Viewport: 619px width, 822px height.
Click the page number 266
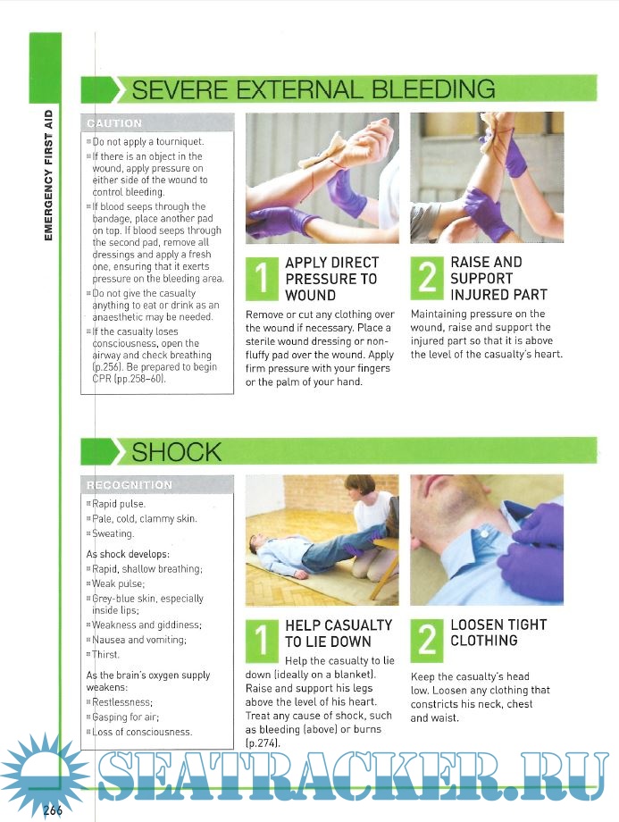tap(53, 809)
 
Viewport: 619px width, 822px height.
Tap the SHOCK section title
tap(177, 452)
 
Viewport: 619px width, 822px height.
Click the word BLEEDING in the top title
tap(433, 89)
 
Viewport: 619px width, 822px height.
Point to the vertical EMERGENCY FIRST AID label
tap(49, 175)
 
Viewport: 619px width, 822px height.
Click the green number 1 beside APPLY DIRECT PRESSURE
tap(262, 278)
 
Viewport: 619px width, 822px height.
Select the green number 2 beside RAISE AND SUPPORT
tap(427, 277)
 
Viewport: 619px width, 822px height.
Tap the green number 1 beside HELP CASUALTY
tap(262, 641)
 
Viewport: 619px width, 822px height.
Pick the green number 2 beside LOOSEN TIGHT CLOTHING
tap(427, 640)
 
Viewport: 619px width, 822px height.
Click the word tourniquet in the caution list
tap(179, 141)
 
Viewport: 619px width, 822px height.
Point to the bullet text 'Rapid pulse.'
tap(119, 504)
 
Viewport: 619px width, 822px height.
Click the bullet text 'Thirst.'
tap(105, 654)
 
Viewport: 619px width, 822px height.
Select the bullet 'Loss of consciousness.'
tap(142, 732)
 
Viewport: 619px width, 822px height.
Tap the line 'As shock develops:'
tap(128, 554)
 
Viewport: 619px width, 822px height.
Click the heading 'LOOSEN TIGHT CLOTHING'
tap(498, 633)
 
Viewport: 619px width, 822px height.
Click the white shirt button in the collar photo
tap(484, 534)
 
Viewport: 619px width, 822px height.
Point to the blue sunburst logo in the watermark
tap(45, 771)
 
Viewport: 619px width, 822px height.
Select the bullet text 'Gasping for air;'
tap(125, 717)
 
